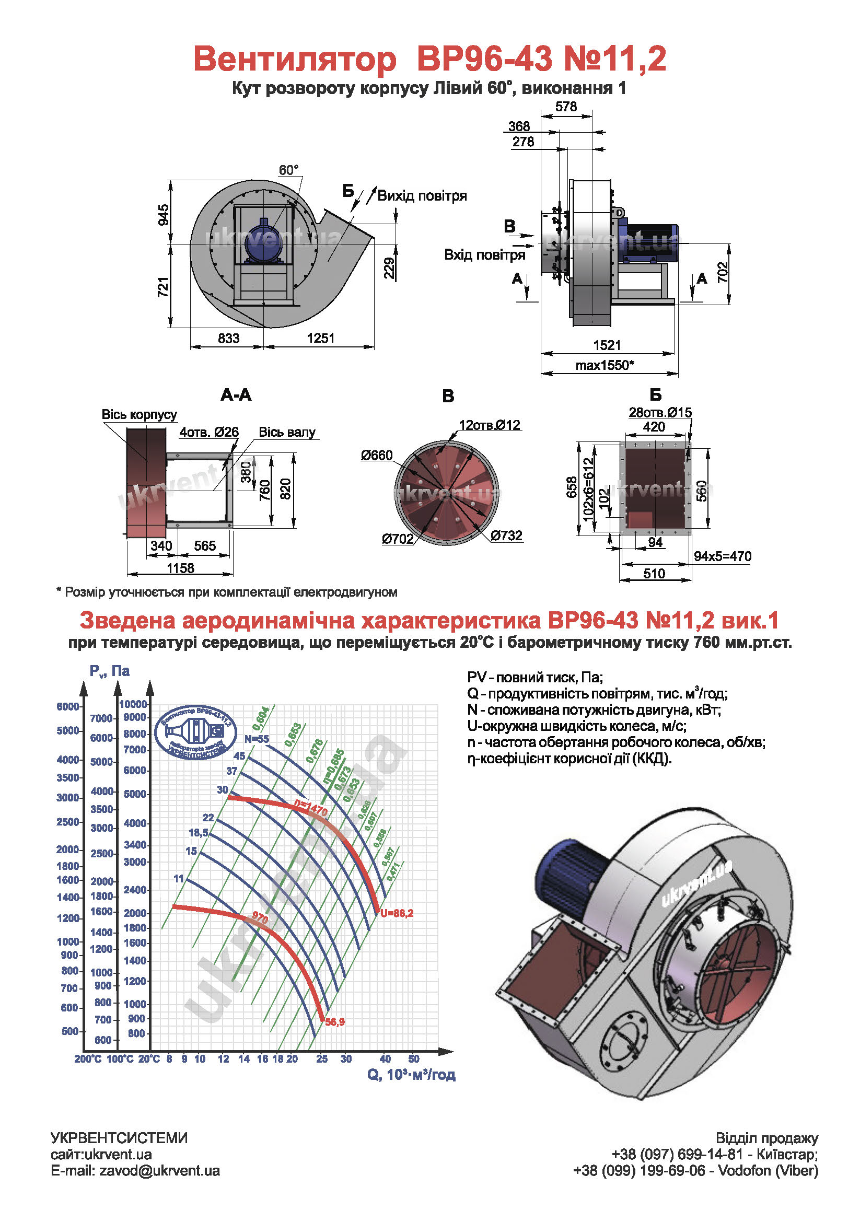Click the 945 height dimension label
click(164, 215)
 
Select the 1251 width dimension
click(320, 338)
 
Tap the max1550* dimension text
click(605, 365)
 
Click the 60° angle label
click(289, 170)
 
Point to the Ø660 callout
click(376, 455)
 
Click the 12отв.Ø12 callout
click(490, 425)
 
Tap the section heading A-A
click(236, 395)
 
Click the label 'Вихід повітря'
click(422, 196)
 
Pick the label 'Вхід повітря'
click(484, 255)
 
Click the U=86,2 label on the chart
click(397, 913)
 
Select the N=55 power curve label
click(257, 739)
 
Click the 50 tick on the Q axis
click(413, 1058)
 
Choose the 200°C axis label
click(88, 1059)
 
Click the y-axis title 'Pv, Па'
click(110, 671)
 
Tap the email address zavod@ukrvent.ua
click(159, 1171)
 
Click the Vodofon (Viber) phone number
click(638, 1171)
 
